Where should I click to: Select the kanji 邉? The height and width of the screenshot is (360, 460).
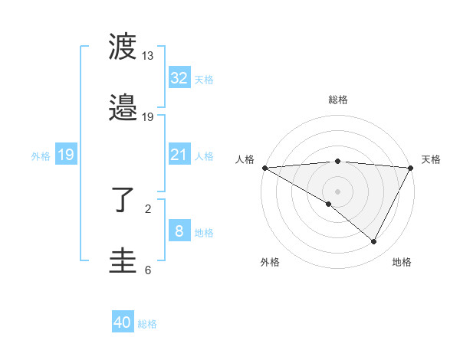[x=123, y=110]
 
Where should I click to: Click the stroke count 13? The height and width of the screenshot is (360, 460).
[x=148, y=56]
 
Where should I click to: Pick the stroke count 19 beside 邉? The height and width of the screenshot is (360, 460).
[x=148, y=117]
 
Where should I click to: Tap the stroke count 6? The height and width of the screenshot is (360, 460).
[x=148, y=270]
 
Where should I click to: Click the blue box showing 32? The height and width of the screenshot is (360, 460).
[x=179, y=78]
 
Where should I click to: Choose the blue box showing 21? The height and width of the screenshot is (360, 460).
[x=179, y=155]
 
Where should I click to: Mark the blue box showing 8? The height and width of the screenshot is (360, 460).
[x=179, y=231]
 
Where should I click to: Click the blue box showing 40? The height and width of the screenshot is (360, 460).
[x=123, y=322]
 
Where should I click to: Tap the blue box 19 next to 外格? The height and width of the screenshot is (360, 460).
[x=66, y=155]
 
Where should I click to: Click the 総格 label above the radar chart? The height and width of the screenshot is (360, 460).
[x=338, y=100]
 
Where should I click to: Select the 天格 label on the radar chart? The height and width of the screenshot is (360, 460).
[x=431, y=159]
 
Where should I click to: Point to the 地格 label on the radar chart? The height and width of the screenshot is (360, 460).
[x=402, y=262]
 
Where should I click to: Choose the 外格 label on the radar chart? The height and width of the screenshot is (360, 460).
[x=270, y=262]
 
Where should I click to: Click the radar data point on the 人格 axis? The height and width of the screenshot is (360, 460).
[x=264, y=168]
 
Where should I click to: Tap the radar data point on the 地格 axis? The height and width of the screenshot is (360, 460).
[x=374, y=241]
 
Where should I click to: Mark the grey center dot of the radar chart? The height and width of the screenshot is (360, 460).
[x=337, y=191]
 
